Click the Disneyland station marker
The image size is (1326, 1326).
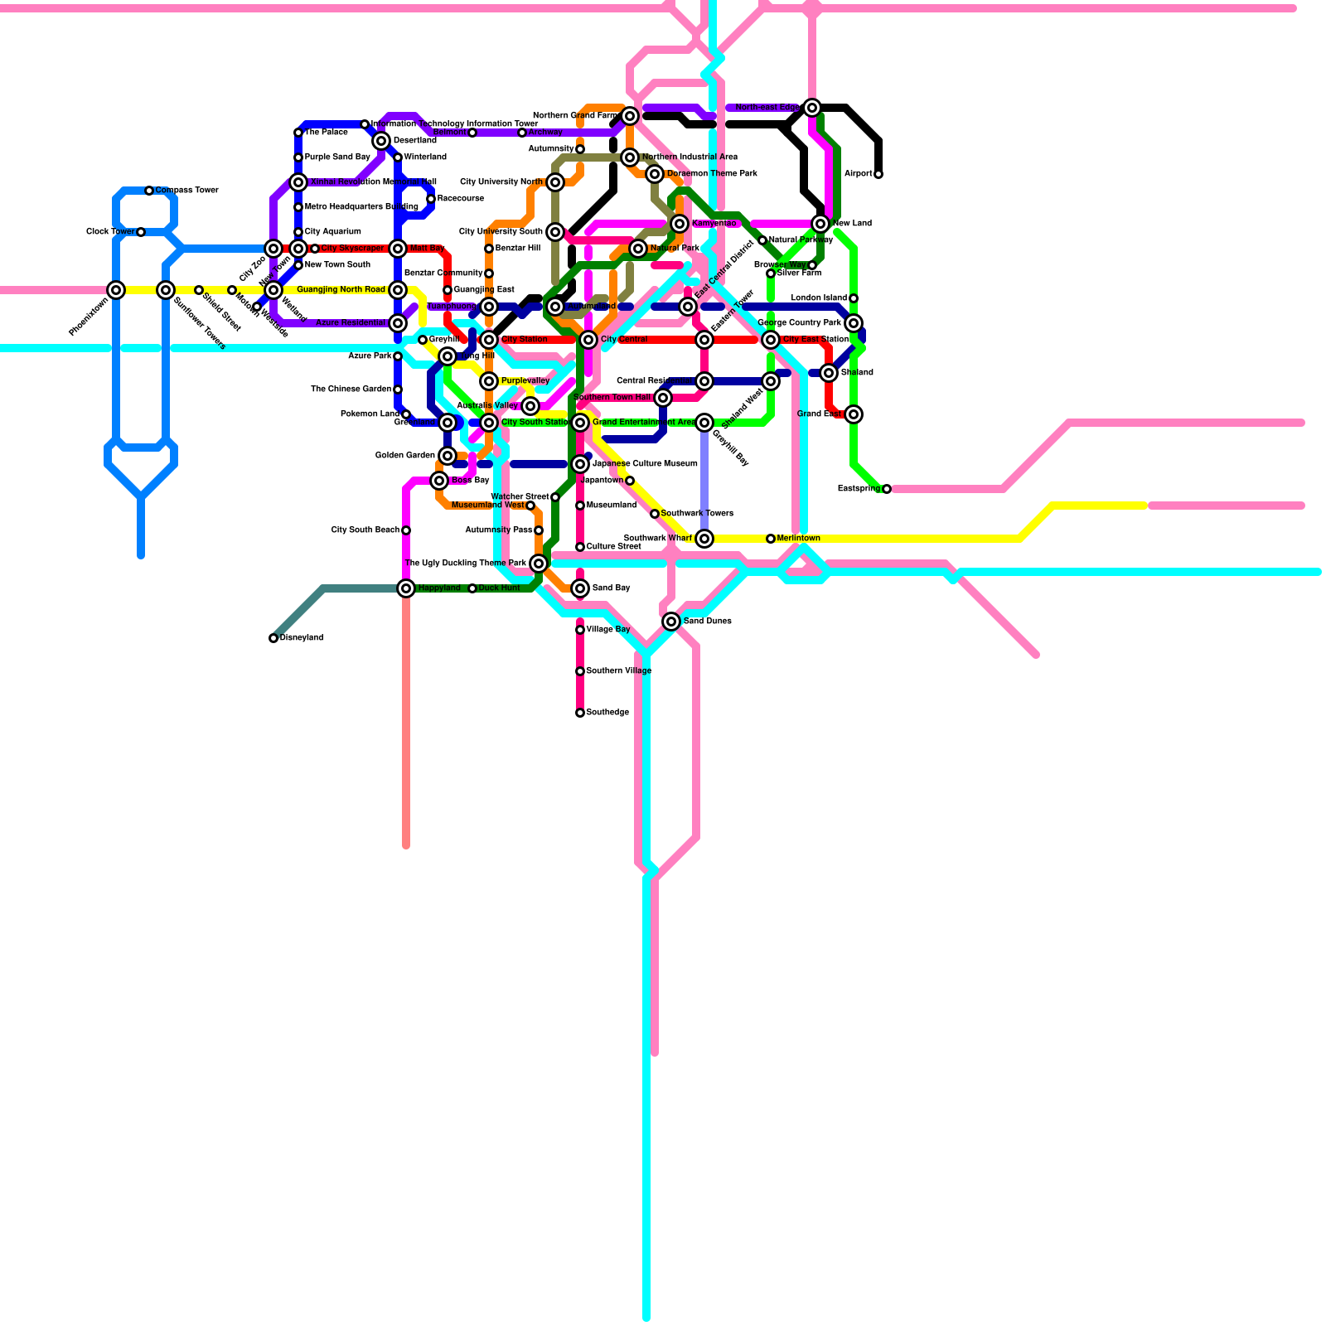[x=273, y=638]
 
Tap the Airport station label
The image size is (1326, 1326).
[x=858, y=174]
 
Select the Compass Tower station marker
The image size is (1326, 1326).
[x=149, y=191]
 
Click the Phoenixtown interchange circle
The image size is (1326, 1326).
[x=116, y=290]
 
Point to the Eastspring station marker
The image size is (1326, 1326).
[x=887, y=489]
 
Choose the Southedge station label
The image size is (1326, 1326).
[x=607, y=713]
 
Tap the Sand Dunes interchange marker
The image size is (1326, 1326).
[x=671, y=622]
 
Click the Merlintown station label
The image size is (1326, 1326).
[x=798, y=539]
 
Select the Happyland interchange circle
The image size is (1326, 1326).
[x=406, y=588]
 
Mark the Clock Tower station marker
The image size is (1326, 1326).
[x=141, y=232]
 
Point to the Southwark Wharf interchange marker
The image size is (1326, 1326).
[x=704, y=539]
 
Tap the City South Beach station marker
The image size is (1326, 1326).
[x=406, y=530]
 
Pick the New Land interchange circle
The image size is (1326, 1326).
[x=820, y=224]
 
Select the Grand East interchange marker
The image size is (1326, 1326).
[x=854, y=414]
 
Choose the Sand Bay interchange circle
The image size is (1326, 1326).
[x=580, y=588]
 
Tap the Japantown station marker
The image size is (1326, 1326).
[x=630, y=481]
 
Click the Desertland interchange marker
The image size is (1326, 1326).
[x=381, y=141]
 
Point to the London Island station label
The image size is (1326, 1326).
[x=819, y=298]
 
